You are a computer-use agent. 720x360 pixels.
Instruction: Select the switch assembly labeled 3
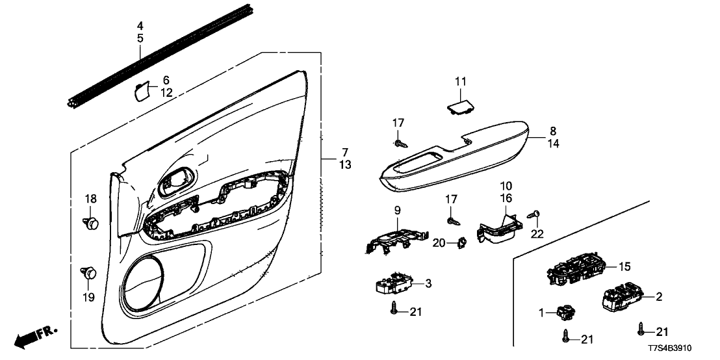pos(394,284)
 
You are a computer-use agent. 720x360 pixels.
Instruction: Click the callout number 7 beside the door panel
pos(345,153)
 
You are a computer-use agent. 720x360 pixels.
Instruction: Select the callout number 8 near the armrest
pos(553,131)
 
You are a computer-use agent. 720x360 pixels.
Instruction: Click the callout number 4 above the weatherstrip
pos(140,26)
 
